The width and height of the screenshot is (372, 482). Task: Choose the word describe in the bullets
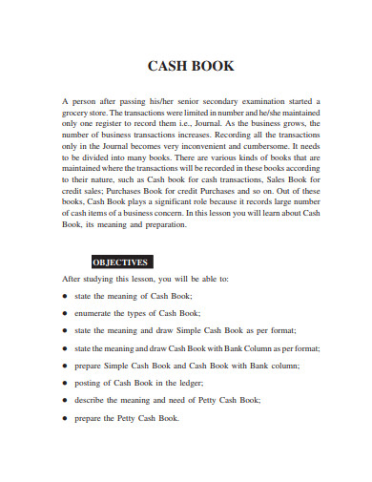[93, 400]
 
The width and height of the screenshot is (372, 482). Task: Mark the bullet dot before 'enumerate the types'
[65, 313]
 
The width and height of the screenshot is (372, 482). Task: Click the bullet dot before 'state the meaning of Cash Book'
[65, 296]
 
